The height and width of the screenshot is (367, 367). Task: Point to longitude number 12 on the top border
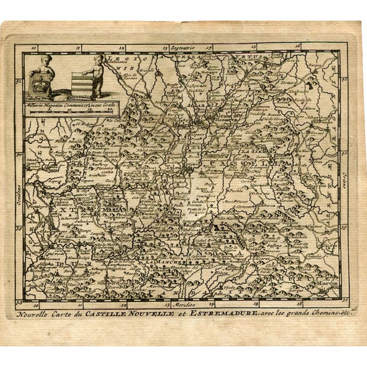[x=122, y=47]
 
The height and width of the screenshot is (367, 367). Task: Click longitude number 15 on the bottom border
[x=255, y=303]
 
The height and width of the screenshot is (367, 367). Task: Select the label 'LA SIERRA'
[x=253, y=150]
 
